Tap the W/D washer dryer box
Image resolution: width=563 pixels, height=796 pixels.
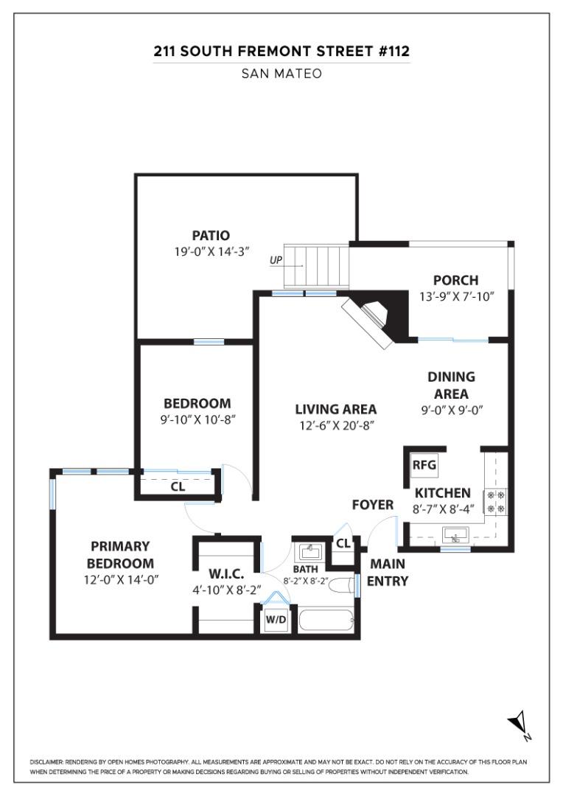[x=276, y=621]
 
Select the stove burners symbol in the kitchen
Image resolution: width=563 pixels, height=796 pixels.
[x=494, y=501]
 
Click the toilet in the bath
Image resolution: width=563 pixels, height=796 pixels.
[x=341, y=587]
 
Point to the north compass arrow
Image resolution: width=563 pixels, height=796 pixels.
[x=518, y=724]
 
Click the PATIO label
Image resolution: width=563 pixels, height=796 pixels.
[x=211, y=236]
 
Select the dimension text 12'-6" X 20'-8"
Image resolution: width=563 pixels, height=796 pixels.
[x=336, y=425]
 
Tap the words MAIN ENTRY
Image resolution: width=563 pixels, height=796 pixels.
[x=388, y=572]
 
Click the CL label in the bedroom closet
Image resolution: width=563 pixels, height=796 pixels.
[x=178, y=486]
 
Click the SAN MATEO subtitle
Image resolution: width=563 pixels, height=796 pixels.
[x=281, y=74]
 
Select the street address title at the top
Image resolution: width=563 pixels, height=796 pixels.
[x=281, y=52]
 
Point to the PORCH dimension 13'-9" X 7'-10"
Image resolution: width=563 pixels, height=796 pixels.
[x=455, y=296]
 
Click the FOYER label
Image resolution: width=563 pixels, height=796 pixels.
[x=372, y=505]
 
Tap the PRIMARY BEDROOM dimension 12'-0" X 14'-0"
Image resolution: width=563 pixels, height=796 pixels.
[x=120, y=579]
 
